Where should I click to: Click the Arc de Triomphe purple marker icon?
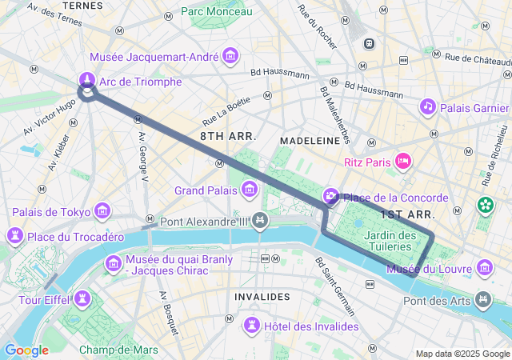click(x=86, y=80)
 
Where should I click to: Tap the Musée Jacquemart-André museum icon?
click(x=231, y=56)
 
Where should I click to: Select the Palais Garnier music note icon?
click(x=428, y=106)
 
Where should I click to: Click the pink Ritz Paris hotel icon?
click(x=403, y=162)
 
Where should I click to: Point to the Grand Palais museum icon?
click(x=250, y=190)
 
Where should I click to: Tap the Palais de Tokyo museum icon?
click(x=102, y=211)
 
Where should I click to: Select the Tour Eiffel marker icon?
click(x=82, y=299)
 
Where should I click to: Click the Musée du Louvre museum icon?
click(x=485, y=267)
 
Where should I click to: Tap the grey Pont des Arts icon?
click(x=483, y=300)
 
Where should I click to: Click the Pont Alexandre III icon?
click(x=259, y=220)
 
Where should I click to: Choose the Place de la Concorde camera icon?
click(x=331, y=197)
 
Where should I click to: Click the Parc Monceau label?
click(x=216, y=11)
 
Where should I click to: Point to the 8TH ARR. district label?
click(x=228, y=137)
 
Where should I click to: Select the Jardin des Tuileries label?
click(x=390, y=241)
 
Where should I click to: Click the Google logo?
click(x=26, y=350)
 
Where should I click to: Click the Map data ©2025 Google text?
click(x=462, y=354)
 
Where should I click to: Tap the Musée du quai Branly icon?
click(x=113, y=263)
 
